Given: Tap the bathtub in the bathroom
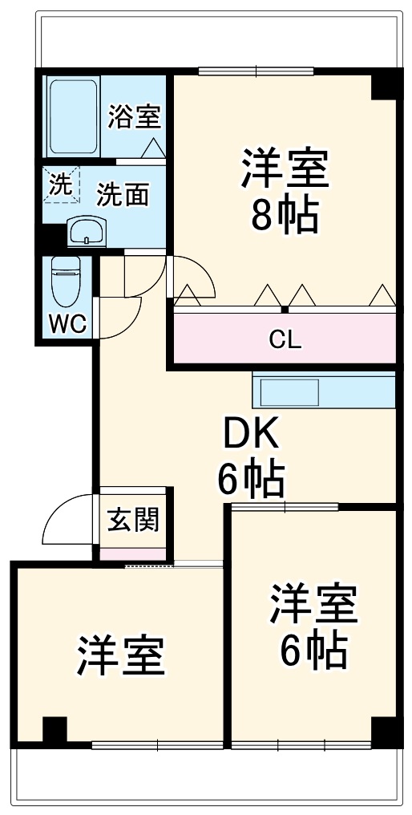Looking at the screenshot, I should pyautogui.click(x=72, y=117).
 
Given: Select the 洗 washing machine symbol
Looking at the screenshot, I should pyautogui.click(x=62, y=184).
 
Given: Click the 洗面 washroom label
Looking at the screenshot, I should pyautogui.click(x=123, y=194).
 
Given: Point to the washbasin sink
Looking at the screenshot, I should pyautogui.click(x=87, y=232).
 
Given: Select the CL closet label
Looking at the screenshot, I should pyautogui.click(x=285, y=339).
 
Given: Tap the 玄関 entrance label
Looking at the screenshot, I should pyautogui.click(x=134, y=520).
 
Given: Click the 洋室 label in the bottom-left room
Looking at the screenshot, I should pyautogui.click(x=121, y=655).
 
